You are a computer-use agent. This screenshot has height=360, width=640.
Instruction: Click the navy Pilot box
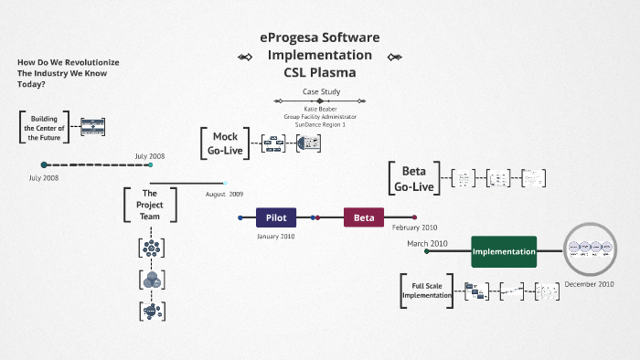tap(276, 217)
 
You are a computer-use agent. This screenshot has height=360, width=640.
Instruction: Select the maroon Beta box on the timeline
tap(364, 217)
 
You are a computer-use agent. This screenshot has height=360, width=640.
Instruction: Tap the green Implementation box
tap(504, 250)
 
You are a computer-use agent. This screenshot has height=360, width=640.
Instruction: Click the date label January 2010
tap(275, 237)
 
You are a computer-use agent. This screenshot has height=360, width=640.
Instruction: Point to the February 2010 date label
tap(415, 227)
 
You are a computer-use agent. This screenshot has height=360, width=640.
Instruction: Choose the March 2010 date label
tap(427, 243)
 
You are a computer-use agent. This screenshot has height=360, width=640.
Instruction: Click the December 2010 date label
tap(589, 283)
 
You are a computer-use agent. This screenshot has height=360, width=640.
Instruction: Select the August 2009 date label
tap(224, 194)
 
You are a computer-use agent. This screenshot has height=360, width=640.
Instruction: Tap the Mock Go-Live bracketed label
tap(224, 143)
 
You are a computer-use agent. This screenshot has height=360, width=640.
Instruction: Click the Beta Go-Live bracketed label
tap(414, 178)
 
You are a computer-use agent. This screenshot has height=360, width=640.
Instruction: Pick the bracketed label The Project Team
tap(150, 205)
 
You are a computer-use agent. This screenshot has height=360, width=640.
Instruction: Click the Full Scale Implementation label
tap(427, 290)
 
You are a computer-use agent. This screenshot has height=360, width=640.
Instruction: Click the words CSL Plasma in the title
tap(319, 72)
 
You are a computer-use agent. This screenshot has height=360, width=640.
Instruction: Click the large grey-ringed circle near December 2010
tap(590, 248)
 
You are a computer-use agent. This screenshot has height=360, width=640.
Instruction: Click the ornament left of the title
tap(244, 57)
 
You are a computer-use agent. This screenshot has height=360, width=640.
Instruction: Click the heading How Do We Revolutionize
tap(69, 62)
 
